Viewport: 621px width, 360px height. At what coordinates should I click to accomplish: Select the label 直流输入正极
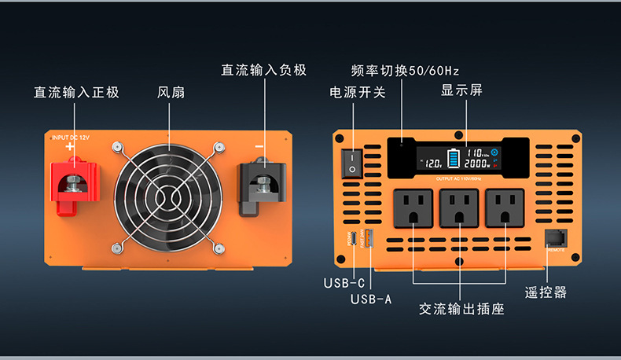click(x=76, y=93)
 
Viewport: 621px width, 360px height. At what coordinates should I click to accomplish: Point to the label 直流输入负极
click(x=263, y=70)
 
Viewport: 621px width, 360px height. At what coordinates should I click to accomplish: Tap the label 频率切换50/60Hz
click(x=405, y=70)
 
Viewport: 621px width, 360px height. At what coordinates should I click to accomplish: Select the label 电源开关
click(x=358, y=92)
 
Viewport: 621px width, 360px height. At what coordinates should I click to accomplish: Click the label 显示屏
click(x=461, y=90)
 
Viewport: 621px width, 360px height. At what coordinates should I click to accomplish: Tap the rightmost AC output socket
click(x=505, y=209)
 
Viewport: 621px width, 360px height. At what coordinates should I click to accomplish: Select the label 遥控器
click(x=546, y=292)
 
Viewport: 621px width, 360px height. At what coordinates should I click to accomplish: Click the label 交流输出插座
click(x=461, y=309)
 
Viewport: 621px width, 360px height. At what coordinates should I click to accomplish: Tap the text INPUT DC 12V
click(x=72, y=138)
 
